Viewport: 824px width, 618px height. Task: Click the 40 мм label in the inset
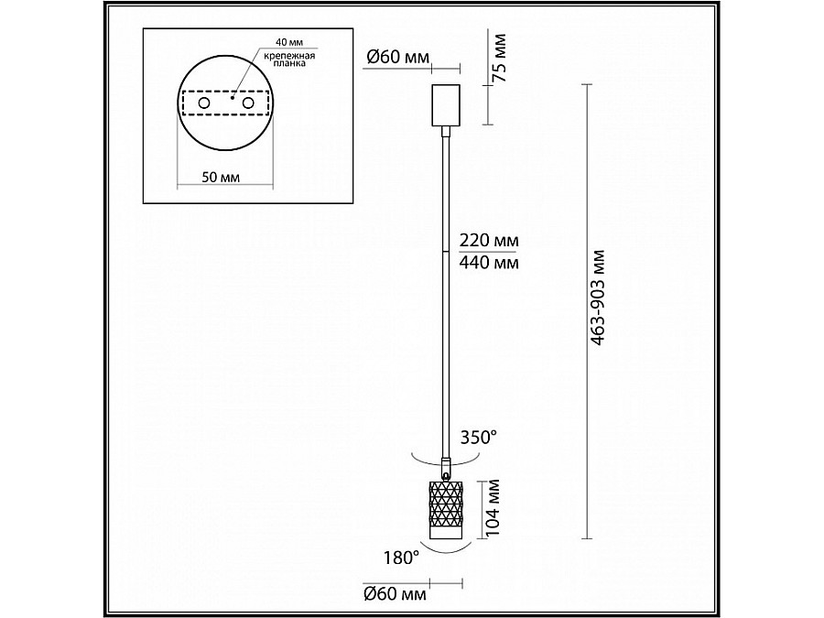pos(289,42)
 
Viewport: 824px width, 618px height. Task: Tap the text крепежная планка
pos(289,60)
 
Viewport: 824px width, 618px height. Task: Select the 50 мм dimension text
pos(221,177)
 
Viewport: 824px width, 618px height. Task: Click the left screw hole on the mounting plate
pos(204,103)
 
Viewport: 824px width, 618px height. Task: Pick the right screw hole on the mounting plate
pos(248,103)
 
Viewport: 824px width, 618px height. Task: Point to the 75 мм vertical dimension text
pos(499,58)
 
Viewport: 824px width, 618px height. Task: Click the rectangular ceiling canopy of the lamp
pos(446,105)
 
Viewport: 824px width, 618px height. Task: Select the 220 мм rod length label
pos(489,240)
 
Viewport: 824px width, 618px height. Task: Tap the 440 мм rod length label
pos(489,262)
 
